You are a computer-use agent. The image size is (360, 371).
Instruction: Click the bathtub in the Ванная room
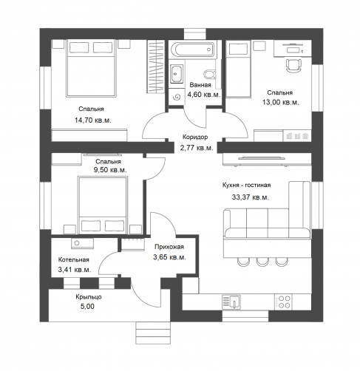coord(193,50)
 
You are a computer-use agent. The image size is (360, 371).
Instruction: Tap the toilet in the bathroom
coord(210,74)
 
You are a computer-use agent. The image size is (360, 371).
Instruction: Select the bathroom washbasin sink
coord(177,73)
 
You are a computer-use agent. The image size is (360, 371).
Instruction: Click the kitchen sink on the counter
coord(231,302)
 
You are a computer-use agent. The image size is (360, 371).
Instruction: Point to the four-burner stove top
coord(283,302)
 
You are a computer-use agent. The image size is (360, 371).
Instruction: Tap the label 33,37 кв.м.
coord(250,197)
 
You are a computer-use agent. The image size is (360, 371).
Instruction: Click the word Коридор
coord(195,137)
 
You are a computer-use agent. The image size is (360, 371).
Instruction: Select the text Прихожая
coord(169,247)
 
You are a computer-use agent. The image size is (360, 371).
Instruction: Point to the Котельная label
coord(73,259)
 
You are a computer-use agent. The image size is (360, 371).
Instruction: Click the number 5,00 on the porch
coord(87,306)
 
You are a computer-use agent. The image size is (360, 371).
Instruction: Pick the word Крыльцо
coord(89,297)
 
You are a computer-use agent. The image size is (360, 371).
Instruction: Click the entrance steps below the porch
coord(153,333)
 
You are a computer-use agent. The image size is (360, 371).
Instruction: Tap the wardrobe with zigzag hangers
coord(156,67)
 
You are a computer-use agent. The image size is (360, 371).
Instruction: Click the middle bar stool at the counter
coord(262,262)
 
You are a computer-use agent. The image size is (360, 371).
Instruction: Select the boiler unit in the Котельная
coord(82,243)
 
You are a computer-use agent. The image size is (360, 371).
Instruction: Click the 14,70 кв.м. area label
coord(93,120)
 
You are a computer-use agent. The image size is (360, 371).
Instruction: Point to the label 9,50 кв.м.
coord(110,170)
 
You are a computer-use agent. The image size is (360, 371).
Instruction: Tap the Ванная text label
coord(200,85)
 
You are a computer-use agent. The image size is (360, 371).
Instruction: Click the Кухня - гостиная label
coord(246,185)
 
